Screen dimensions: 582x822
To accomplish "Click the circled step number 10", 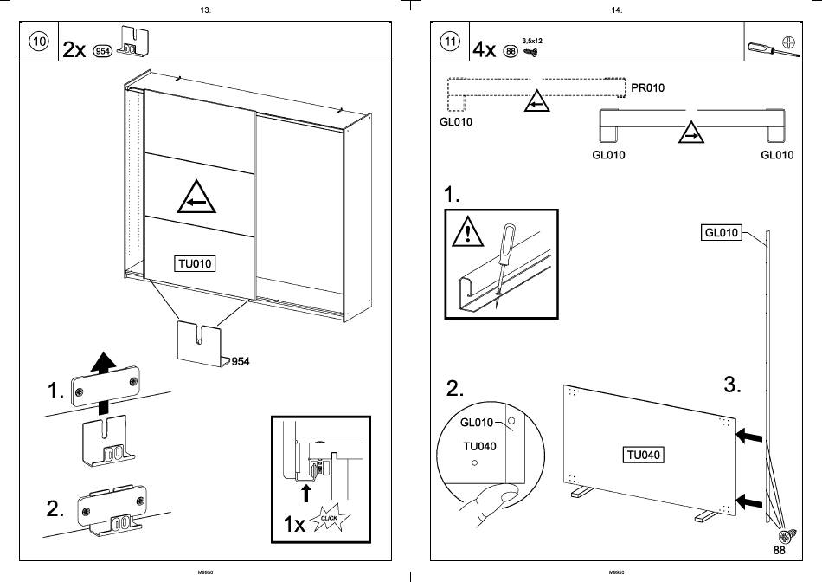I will [x=39, y=42].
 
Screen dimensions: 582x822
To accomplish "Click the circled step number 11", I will [x=450, y=42].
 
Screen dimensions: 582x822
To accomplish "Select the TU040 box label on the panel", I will [x=644, y=455].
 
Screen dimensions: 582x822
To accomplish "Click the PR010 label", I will [x=649, y=88].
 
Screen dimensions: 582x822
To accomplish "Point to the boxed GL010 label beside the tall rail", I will [x=722, y=232].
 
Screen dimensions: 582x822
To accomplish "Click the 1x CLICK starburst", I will [x=329, y=520].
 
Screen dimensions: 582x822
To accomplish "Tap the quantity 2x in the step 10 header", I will [x=74, y=49].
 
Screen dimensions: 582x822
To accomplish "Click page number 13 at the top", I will [x=205, y=10].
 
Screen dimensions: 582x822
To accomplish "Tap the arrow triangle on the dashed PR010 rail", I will [x=536, y=103].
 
